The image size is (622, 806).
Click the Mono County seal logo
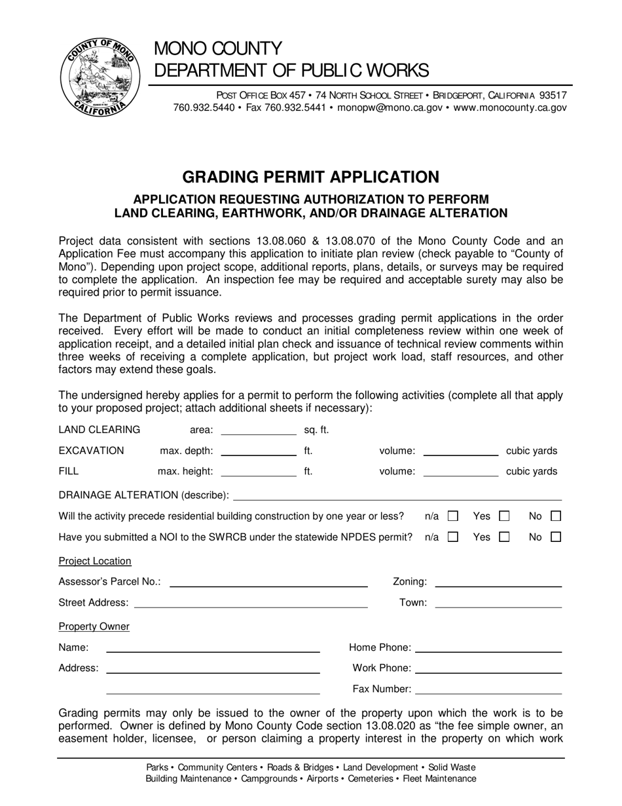98,77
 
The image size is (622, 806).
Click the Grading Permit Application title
310,177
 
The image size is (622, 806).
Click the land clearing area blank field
259,431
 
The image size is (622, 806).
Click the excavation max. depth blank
259,451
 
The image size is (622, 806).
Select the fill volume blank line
461,472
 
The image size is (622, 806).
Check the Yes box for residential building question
504,516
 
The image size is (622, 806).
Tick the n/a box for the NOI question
452,537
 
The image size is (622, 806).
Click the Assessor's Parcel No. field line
268,583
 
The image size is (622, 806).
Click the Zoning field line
498,583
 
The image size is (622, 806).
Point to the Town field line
498,604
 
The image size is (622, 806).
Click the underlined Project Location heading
95,562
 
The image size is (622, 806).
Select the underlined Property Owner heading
94,627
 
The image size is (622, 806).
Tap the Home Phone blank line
488,649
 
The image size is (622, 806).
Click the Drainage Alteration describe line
397,496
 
